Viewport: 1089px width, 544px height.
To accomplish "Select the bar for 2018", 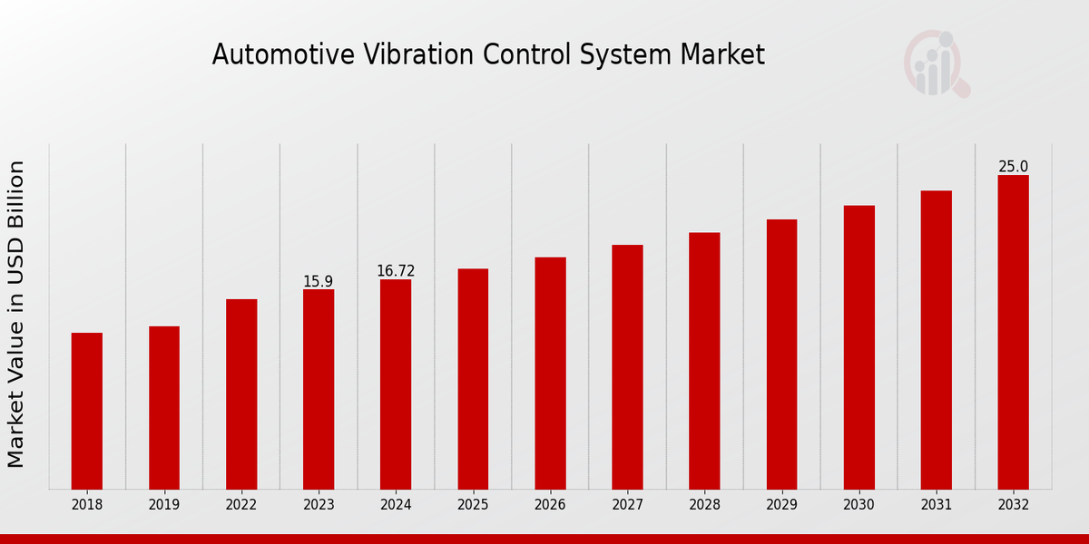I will coord(87,411).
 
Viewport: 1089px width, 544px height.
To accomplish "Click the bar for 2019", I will coord(164,408).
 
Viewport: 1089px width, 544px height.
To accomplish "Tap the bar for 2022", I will coord(241,394).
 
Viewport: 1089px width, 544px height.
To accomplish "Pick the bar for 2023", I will coord(319,390).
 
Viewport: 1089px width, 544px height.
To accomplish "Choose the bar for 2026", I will coord(550,374).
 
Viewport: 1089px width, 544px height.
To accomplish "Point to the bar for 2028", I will coord(704,361).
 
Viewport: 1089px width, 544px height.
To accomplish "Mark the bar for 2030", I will coord(858,347).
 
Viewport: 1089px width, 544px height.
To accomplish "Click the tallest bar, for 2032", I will coord(1013,332).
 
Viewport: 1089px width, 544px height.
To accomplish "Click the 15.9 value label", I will coord(319,282).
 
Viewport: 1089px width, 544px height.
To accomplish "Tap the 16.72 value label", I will coord(396,271).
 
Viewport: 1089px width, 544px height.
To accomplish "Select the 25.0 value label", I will coord(1013,167).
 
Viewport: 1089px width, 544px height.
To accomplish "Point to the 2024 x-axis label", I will coord(396,505).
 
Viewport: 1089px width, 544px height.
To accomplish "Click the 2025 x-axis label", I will coord(473,505).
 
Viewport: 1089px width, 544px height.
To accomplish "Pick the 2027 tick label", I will coord(627,505).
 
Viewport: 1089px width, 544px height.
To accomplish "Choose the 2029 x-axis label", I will coord(781,505).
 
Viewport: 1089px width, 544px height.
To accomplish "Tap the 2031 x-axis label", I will coord(936,505).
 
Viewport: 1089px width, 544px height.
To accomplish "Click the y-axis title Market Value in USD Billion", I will coord(16,314).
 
